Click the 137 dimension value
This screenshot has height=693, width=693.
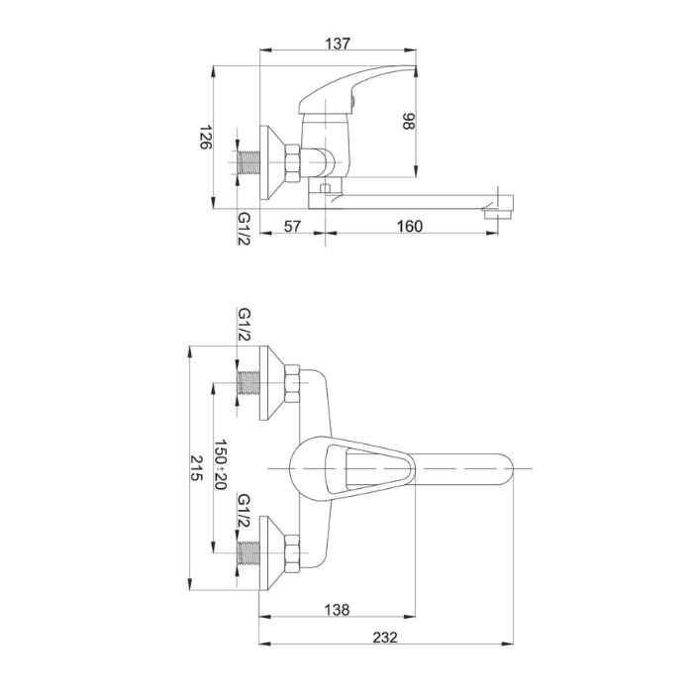click(338, 44)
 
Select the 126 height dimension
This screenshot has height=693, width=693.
click(206, 137)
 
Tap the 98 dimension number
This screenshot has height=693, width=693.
click(409, 121)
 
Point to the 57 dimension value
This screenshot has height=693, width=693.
click(292, 227)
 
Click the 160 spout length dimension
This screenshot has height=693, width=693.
click(410, 227)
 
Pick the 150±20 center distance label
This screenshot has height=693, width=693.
click(220, 464)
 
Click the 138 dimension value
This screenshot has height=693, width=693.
click(337, 610)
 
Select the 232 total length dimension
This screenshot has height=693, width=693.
click(385, 638)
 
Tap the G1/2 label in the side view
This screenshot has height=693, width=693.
click(245, 229)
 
